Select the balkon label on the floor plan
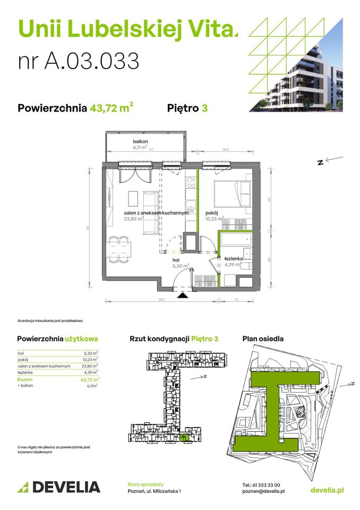click(140, 141)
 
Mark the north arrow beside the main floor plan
click(329, 160)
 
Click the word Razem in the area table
click(24, 380)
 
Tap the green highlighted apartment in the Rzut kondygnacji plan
click(184, 437)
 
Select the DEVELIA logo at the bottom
click(59, 487)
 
